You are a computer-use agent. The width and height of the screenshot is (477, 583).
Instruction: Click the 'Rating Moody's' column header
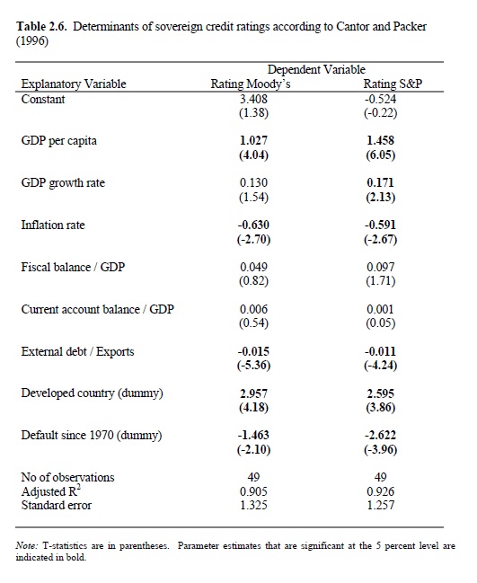(251, 84)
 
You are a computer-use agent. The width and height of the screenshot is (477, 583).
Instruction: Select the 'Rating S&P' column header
(393, 84)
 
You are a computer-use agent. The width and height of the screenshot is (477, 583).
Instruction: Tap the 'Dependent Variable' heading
(316, 69)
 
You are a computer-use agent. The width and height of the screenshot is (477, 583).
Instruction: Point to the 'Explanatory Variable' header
(74, 84)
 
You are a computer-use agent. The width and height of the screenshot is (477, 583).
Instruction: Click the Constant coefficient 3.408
(253, 99)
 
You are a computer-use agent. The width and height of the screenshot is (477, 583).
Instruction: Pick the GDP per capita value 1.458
(380, 140)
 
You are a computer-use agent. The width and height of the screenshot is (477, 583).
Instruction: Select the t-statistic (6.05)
(380, 155)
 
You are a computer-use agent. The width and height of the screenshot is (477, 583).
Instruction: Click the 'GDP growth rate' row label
(63, 183)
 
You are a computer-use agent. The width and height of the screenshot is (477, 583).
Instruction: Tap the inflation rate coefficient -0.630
(253, 225)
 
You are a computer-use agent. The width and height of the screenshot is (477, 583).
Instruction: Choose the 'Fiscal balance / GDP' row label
(73, 267)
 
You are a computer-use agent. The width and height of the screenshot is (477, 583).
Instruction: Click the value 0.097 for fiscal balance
(380, 267)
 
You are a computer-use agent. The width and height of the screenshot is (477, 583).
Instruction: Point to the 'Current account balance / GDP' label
(97, 309)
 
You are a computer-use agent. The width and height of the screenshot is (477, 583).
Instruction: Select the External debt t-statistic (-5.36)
(253, 366)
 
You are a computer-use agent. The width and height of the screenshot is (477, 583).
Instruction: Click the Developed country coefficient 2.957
(253, 393)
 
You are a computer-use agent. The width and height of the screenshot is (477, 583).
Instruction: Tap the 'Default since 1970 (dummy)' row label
(92, 436)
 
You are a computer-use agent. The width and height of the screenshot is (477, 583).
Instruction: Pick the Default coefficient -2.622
(380, 435)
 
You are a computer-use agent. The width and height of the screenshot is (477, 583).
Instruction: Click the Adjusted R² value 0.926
(380, 491)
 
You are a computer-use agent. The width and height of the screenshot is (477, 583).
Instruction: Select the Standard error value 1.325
(253, 505)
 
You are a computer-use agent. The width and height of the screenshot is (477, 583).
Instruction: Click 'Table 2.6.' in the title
(41, 27)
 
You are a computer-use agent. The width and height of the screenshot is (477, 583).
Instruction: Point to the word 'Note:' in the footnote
(26, 546)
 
